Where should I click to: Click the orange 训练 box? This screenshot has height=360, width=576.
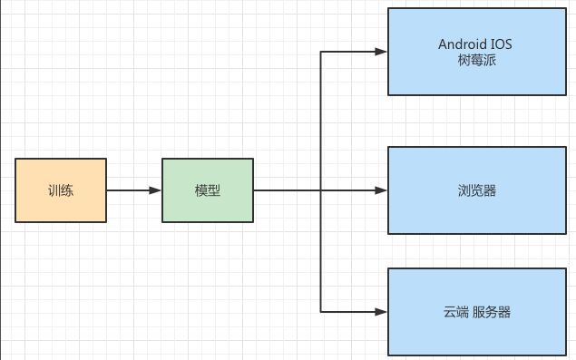click(61, 190)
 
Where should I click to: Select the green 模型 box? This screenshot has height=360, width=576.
click(208, 190)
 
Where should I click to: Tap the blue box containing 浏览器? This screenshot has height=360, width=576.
click(477, 190)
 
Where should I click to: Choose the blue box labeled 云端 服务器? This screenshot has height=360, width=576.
click(477, 311)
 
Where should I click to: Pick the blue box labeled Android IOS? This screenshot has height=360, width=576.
click(477, 52)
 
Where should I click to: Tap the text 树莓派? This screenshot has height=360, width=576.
click(477, 61)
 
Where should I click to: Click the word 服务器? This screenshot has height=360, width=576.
click(492, 312)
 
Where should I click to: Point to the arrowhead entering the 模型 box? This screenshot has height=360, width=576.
click(156, 190)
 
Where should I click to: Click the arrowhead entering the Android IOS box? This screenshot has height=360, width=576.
click(382, 52)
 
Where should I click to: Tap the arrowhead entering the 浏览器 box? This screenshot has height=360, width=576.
click(382, 190)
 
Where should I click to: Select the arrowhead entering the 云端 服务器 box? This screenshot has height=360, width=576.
click(382, 311)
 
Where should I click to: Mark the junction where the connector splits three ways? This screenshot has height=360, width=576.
click(321, 190)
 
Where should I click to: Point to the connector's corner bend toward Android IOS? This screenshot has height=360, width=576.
click(321, 52)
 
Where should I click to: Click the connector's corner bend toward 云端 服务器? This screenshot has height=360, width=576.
click(321, 311)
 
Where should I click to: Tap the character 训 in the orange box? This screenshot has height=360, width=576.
click(54, 190)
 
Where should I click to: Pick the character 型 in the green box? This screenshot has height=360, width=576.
click(214, 190)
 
